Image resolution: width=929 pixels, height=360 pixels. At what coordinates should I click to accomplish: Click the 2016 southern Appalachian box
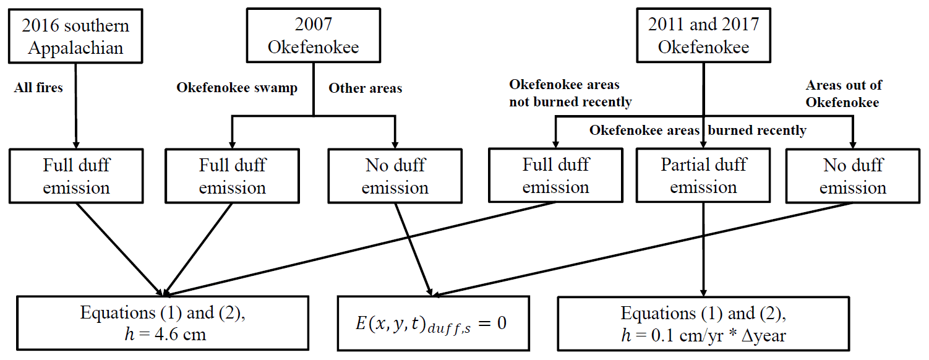(x=75, y=35)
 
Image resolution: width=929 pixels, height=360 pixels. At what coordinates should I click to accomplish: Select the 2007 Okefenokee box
(x=313, y=35)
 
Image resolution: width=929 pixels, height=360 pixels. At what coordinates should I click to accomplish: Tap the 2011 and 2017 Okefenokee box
(x=703, y=35)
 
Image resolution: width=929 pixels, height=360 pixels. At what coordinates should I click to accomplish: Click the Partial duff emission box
(x=703, y=176)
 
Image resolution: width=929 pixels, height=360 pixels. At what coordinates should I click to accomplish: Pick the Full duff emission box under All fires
(x=76, y=176)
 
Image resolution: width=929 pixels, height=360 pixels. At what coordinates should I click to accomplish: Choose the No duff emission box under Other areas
(x=395, y=176)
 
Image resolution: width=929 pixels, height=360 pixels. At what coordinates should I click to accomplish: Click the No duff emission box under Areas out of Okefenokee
(x=853, y=176)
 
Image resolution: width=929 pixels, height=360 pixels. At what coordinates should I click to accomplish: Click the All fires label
(x=38, y=88)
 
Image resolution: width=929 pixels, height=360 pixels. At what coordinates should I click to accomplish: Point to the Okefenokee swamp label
(x=237, y=88)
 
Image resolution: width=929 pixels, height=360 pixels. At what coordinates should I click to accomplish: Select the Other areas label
(x=365, y=88)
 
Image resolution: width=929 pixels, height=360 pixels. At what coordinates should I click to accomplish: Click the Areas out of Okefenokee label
(x=844, y=93)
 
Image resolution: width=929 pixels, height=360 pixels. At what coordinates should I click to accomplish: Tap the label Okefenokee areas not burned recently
(x=570, y=93)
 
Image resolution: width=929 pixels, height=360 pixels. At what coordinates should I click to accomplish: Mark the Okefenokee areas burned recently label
(x=698, y=131)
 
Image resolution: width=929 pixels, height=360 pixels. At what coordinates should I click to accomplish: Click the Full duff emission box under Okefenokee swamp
(x=233, y=176)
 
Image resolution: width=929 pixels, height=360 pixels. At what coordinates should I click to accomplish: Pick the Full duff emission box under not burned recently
(x=555, y=176)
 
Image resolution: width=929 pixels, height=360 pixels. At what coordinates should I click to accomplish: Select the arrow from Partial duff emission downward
(x=703, y=247)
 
